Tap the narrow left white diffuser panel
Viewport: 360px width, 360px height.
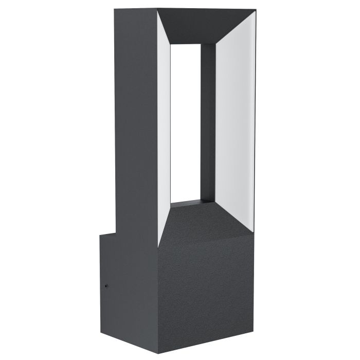pyautogui.click(x=164, y=129)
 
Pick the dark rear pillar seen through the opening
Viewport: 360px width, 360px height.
pyautogui.click(x=208, y=123)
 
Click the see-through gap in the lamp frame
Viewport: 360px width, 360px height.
pyautogui.click(x=185, y=123)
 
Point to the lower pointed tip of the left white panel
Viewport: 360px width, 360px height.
pyautogui.click(x=159, y=244)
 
